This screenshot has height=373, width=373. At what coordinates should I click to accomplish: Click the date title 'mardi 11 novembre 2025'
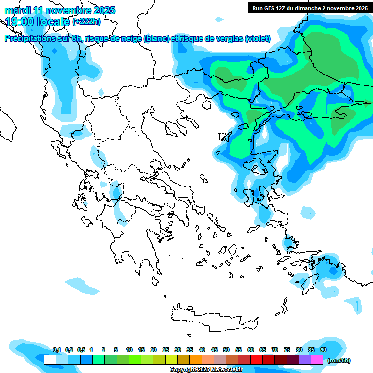pyautogui.click(x=60, y=10)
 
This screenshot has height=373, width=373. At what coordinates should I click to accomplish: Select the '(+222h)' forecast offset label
pyautogui.click(x=86, y=21)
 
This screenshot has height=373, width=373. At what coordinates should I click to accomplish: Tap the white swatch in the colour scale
pyautogui.click(x=50, y=360)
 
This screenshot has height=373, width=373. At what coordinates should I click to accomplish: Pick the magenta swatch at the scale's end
pyautogui.click(x=317, y=360)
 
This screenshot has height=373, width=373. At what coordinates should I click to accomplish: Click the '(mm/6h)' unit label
pyautogui.click(x=339, y=360)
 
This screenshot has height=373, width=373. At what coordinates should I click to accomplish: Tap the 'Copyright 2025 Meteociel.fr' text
pyautogui.click(x=206, y=370)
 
